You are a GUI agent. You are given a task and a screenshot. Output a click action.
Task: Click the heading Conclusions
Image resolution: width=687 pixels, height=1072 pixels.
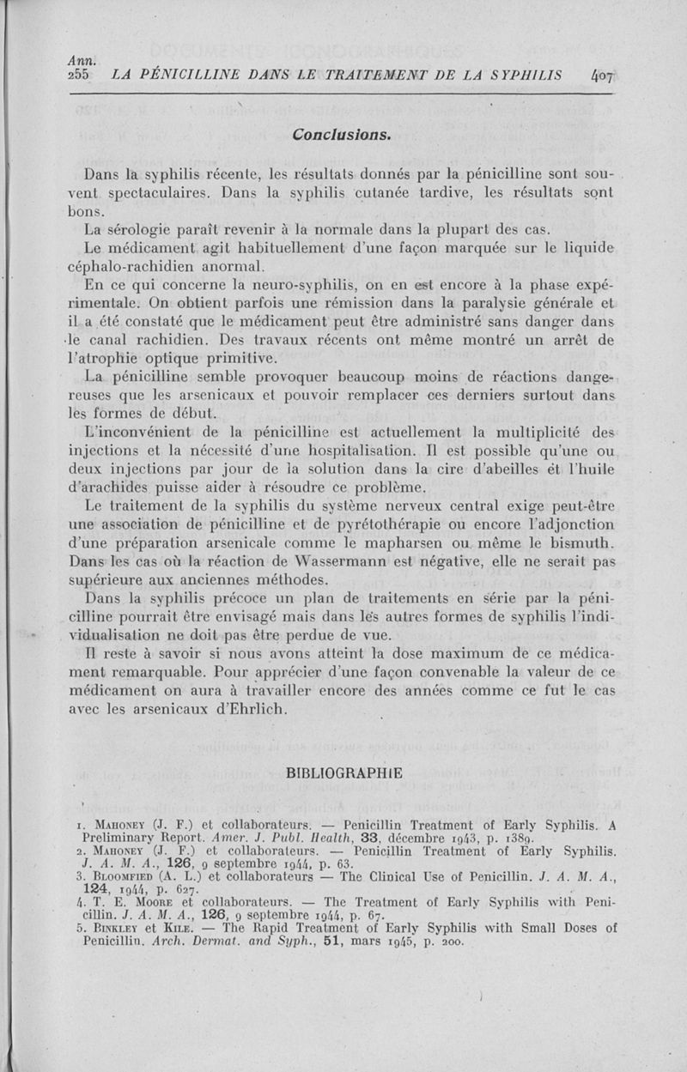[342, 135]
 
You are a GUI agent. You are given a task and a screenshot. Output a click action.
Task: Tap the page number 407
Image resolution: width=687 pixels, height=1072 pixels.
[604, 76]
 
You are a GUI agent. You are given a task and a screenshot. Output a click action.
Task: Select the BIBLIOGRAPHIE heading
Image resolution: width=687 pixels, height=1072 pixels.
[343, 772]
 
